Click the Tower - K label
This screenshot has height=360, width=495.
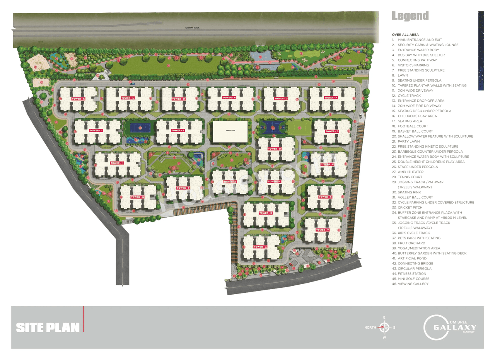click(78, 99)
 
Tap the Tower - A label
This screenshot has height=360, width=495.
click(260, 247)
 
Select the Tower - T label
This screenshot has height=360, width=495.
click(322, 230)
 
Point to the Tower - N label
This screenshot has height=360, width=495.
click(229, 98)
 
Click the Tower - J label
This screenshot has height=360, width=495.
click(178, 131)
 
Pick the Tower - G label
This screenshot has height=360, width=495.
click(137, 197)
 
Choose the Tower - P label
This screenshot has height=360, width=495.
click(331, 98)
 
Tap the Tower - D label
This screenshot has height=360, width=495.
click(274, 149)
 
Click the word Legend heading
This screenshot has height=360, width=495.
click(410, 16)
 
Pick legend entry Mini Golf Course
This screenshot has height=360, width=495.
click(413, 279)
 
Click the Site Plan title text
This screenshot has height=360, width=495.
click(48, 328)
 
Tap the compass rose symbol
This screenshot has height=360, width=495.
click(384, 328)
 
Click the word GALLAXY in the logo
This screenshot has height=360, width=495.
click(454, 328)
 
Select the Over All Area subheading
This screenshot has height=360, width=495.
click(405, 35)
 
